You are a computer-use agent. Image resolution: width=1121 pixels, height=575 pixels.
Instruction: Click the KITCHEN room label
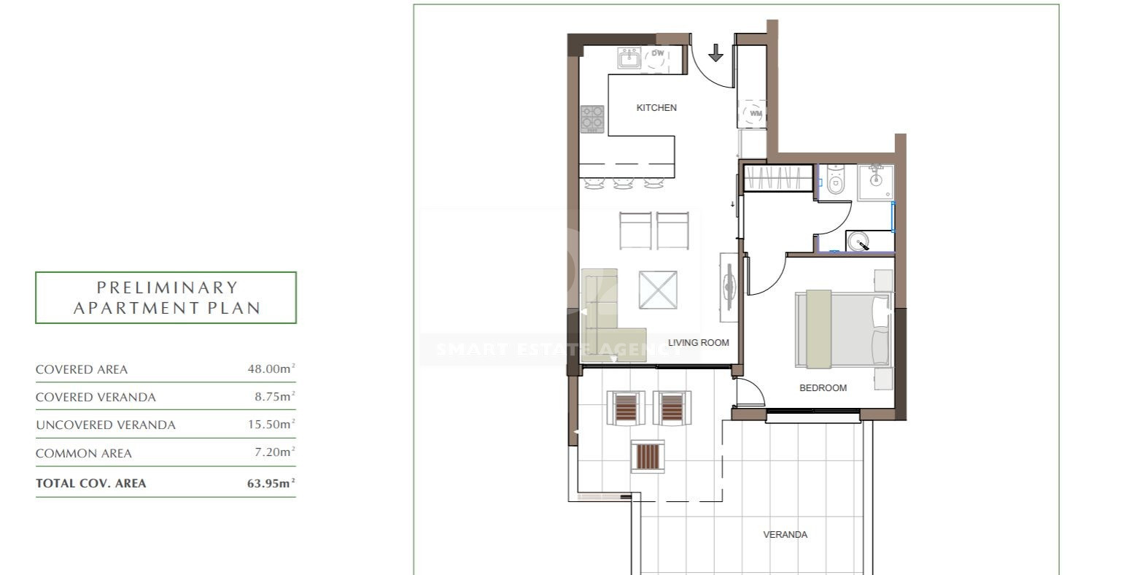pyautogui.click(x=656, y=108)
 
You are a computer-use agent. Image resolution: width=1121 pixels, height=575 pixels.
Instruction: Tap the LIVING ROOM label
pyautogui.click(x=698, y=343)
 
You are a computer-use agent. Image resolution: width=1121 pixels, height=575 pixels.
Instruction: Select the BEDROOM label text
pyautogui.click(x=823, y=387)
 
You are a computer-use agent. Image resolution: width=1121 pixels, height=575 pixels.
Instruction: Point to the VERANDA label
pyautogui.click(x=785, y=534)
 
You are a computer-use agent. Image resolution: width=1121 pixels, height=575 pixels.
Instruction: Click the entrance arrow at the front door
pyautogui.click(x=715, y=53)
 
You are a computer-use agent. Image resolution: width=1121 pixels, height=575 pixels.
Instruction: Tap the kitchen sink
pyautogui.click(x=629, y=58)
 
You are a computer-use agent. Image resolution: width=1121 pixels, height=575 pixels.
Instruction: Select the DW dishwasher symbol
pyautogui.click(x=656, y=58)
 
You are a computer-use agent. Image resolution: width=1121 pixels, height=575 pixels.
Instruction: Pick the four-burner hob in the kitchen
pyautogui.click(x=592, y=119)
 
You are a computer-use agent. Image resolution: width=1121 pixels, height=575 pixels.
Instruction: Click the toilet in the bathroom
pyautogui.click(x=835, y=180)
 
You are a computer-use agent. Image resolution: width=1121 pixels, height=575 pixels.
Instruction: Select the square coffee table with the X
pyautogui.click(x=658, y=290)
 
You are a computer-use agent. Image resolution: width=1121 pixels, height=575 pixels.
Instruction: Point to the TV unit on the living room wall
pyautogui.click(x=728, y=287)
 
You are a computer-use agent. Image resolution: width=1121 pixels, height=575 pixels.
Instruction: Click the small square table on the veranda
pyautogui.click(x=648, y=456)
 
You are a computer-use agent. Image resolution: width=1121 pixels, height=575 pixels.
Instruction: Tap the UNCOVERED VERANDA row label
pyautogui.click(x=106, y=425)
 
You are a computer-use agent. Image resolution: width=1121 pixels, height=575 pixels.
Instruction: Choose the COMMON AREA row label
pyautogui.click(x=84, y=453)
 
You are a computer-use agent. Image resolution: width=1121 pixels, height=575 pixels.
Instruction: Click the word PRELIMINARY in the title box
pyautogui.click(x=167, y=287)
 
